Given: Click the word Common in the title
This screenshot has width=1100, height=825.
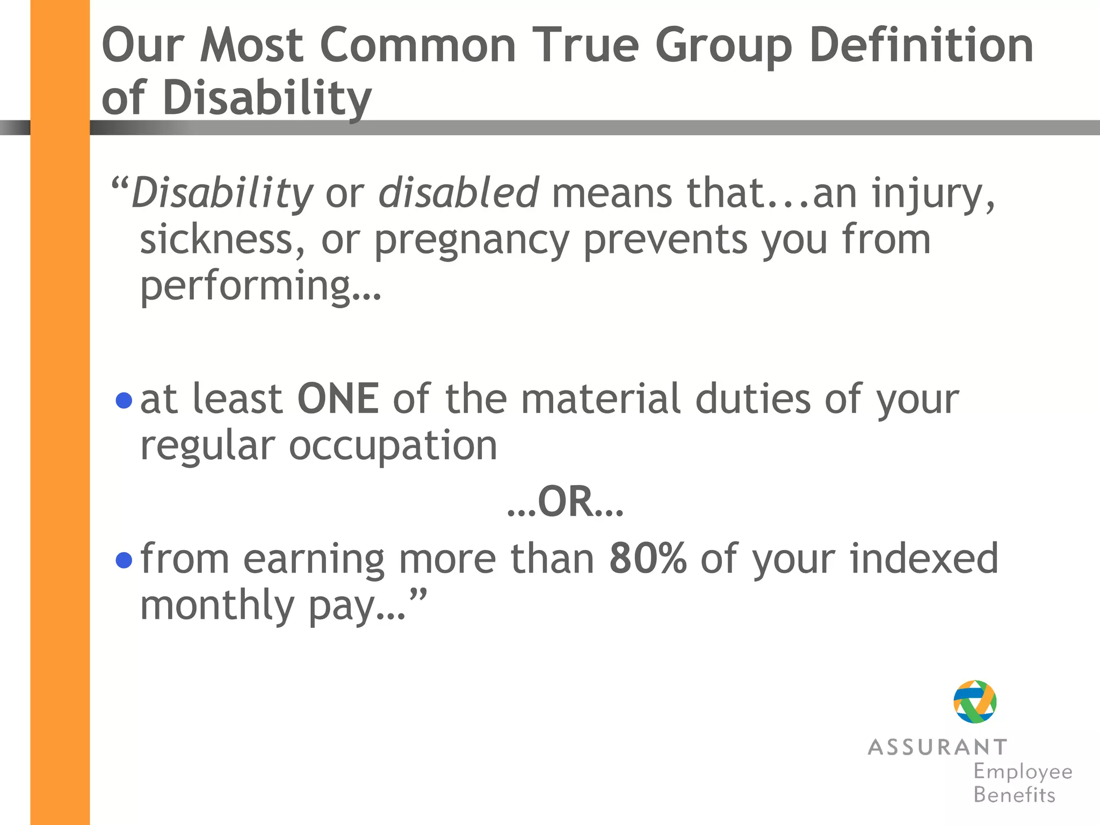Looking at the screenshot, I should [x=418, y=46].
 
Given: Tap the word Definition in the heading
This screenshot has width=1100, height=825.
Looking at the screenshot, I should [x=921, y=46].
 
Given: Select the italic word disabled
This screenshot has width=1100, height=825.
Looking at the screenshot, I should [x=458, y=192].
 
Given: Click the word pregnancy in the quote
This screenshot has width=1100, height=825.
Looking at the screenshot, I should [x=472, y=240].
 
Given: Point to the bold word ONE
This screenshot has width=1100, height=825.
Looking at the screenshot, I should [x=338, y=399].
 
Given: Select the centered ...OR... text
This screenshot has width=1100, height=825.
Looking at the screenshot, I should [x=565, y=502].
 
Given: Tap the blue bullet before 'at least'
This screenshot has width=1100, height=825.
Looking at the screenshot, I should [x=124, y=400].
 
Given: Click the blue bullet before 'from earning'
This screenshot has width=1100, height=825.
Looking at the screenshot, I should [x=124, y=560].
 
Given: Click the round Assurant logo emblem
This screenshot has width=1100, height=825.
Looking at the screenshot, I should [x=975, y=701].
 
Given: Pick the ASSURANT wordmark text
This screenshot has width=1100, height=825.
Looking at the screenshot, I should [x=937, y=747].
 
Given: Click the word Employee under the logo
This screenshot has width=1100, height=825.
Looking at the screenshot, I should [x=1023, y=772].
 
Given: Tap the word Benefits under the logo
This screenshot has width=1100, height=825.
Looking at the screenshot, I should [x=1014, y=795].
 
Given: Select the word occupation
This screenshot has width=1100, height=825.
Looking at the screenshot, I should [x=393, y=446].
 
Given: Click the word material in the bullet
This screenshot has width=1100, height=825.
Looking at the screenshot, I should [x=600, y=399].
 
